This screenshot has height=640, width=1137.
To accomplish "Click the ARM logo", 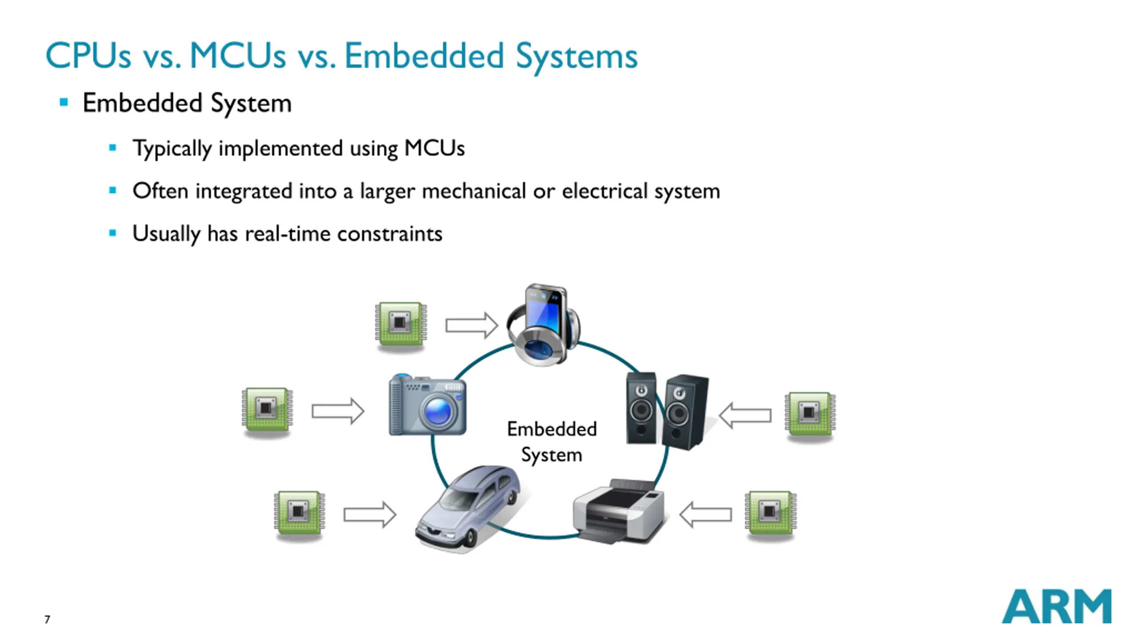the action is point(1057,607).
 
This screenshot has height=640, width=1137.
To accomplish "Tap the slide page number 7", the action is point(47,619).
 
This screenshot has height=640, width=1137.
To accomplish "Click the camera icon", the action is point(427,405).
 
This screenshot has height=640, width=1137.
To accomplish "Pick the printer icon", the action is point(618,511).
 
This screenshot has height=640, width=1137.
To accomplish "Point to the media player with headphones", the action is point(543,325).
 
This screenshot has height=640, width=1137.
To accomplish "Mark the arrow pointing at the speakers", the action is point(745,416).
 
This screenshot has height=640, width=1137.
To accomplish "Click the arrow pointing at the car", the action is point(370,515).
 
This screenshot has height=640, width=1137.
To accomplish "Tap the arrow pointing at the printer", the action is point(706,515).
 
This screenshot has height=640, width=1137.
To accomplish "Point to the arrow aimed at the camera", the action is point(338,411).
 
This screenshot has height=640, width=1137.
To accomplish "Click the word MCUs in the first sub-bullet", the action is point(434,148).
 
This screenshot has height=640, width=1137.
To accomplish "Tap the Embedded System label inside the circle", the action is point(552,442).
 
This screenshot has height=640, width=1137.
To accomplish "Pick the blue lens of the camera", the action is point(438,412).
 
